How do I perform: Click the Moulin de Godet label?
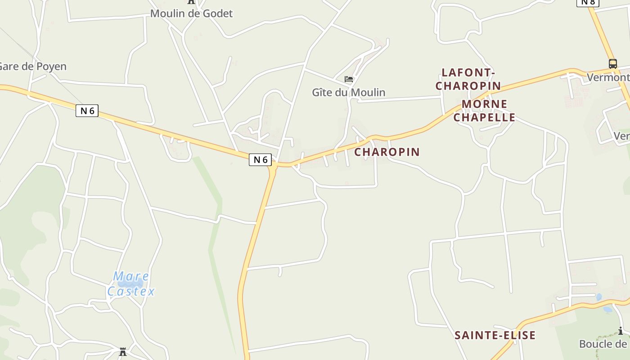point(191,13)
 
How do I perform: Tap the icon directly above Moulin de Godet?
point(191,2)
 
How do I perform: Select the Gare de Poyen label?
point(32,67)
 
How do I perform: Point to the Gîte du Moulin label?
point(349,92)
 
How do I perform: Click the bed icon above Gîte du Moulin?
point(349,79)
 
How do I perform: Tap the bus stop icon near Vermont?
point(612,64)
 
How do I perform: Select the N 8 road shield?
point(588,2)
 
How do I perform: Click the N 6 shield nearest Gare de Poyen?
point(87,111)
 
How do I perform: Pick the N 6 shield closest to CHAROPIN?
point(261,159)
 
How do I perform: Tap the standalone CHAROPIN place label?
point(387,152)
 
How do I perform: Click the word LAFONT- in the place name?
point(468,72)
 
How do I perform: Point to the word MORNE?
point(485,104)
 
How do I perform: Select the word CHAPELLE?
point(484,117)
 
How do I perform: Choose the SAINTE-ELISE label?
point(495,335)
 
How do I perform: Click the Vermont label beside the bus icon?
point(608,77)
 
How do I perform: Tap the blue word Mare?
point(131,276)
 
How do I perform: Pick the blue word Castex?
point(131,292)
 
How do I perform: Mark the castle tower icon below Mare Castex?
point(123,352)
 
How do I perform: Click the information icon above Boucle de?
point(621,332)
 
